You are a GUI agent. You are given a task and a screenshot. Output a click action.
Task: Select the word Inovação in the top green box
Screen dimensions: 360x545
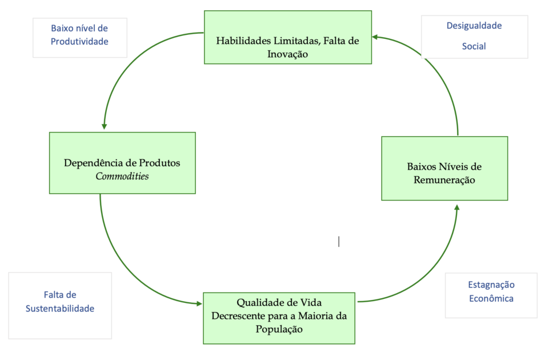pos(288,54)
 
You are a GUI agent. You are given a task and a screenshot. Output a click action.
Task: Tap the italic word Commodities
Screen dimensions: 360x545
pos(122,176)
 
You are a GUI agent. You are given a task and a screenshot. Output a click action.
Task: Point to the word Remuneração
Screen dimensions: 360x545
pos(444,180)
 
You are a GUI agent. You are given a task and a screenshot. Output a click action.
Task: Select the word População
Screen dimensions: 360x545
pos(279,329)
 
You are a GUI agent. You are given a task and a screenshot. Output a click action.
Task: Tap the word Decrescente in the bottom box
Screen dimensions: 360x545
pos(239,315)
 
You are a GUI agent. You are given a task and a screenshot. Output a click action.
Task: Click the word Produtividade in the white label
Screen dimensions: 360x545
pos(79,41)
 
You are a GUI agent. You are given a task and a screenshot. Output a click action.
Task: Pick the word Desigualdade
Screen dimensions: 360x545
pos(474,25)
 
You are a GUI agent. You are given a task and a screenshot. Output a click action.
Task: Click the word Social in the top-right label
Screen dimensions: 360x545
pos(474,46)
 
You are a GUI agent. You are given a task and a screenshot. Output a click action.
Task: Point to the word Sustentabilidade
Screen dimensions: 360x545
pos(60,309)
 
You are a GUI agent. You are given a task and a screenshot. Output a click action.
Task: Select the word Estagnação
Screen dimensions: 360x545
pos(491,284)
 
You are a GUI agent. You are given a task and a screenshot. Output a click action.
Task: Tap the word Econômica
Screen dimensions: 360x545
pos(491,298)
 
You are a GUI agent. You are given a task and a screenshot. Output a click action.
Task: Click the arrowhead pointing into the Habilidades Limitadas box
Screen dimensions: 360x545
pos(375,38)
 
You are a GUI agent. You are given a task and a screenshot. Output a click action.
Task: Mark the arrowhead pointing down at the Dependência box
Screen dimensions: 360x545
pos(104,126)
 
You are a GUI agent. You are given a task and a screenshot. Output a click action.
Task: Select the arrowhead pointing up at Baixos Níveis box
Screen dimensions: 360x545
pos(456,205)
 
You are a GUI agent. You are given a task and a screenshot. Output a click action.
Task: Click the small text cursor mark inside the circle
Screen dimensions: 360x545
pos(339,242)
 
